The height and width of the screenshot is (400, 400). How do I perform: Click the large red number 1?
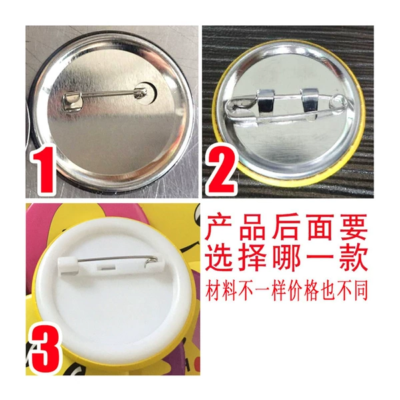(x=43, y=169)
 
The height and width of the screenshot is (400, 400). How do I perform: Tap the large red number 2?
(x=221, y=169)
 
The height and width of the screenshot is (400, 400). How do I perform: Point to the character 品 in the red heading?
(x=253, y=227)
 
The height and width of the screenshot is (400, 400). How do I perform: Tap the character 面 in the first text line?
(x=320, y=227)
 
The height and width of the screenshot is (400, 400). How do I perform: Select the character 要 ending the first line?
(x=353, y=227)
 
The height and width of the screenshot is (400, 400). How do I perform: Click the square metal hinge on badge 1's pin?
(x=73, y=101)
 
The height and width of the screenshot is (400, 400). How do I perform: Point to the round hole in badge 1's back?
(x=145, y=93)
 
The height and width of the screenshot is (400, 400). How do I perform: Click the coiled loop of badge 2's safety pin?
(x=338, y=101)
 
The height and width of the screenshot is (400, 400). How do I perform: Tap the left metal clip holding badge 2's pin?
(x=266, y=104)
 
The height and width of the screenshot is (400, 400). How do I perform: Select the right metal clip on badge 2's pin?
(x=309, y=103)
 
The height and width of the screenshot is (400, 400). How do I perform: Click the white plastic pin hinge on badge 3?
(x=68, y=265)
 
